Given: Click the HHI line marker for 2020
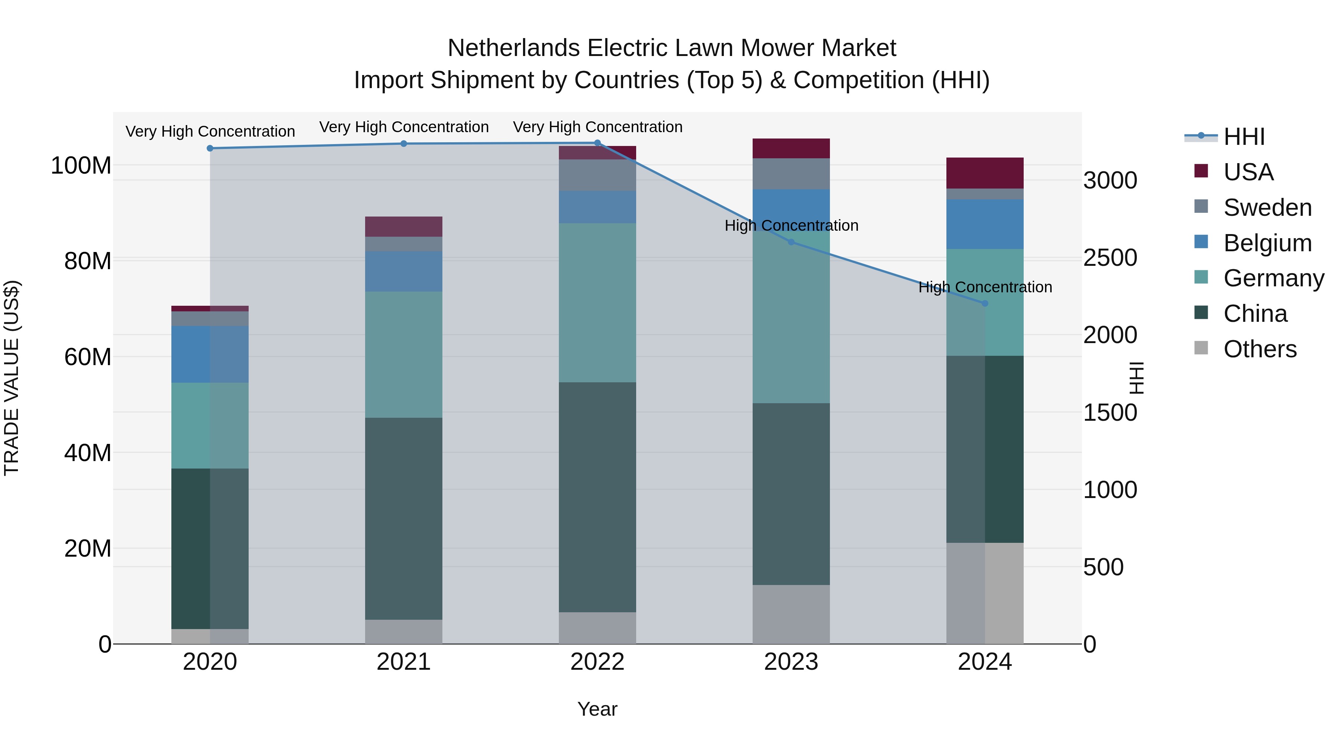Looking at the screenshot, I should [210, 148].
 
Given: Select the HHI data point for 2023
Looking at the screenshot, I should [791, 242].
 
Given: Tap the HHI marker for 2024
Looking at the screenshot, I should [985, 303].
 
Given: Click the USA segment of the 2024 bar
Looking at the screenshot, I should [985, 173].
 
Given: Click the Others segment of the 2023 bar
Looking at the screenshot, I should [791, 614].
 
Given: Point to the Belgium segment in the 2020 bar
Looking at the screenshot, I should [210, 354].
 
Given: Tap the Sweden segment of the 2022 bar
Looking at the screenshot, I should [597, 175].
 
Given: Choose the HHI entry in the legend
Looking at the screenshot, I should [1244, 137].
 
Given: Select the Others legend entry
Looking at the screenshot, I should [1260, 349].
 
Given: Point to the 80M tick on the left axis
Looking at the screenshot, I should [87, 261].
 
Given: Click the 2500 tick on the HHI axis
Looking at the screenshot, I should [1110, 258].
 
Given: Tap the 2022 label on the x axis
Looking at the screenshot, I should [597, 662].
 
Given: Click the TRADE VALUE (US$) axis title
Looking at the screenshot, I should [12, 378].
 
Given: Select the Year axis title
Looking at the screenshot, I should [597, 709].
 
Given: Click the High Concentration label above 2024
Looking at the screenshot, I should [985, 287].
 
